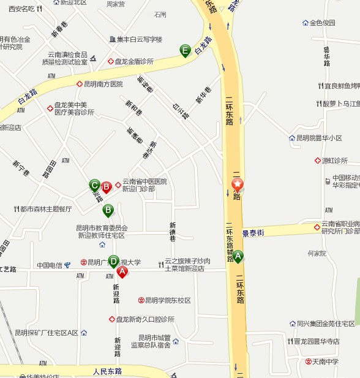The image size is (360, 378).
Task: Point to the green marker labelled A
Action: [x=238, y=257]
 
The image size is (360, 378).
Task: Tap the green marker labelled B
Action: [x=108, y=211]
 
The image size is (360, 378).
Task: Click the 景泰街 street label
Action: [x=253, y=233]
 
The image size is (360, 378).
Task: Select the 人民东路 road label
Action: [x=107, y=371]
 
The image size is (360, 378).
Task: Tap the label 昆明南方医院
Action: [x=103, y=84]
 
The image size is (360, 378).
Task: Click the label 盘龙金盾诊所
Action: [x=134, y=61]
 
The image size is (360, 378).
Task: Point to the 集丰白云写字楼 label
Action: [x=140, y=40]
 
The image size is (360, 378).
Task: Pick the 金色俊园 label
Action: [x=322, y=23]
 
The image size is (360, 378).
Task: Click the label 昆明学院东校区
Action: [x=168, y=301]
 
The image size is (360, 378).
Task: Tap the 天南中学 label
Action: [x=326, y=361]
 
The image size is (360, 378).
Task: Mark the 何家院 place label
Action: [x=317, y=253]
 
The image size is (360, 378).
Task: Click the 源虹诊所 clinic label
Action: [x=335, y=161]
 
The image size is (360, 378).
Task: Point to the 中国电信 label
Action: [x=50, y=265]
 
